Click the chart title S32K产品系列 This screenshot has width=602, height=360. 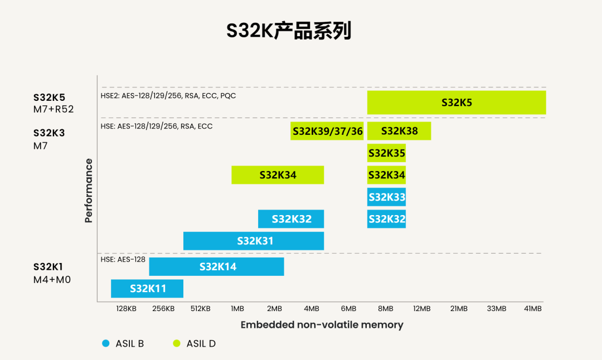[x=289, y=31]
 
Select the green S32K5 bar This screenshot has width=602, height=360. [x=456, y=103]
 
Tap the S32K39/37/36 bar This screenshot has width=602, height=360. [x=327, y=132]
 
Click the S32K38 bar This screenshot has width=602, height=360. [x=399, y=132]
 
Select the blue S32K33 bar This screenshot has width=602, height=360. [x=386, y=197]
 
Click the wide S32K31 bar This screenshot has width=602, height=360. [x=254, y=241]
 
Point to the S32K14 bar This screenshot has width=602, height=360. [x=217, y=266]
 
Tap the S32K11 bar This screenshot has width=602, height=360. [x=147, y=289]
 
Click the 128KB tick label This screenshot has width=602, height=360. [x=127, y=309]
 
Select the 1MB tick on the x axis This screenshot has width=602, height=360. [x=237, y=309]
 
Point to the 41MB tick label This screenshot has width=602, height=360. [x=533, y=309]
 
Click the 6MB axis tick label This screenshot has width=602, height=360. [x=348, y=309]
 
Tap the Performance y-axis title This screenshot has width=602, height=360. [x=89, y=191]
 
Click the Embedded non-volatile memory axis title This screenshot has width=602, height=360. [x=322, y=325]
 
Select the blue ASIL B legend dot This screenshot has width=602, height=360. [x=106, y=343]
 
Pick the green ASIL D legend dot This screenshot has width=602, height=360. [x=177, y=343]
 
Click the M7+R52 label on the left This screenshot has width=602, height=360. [x=54, y=109]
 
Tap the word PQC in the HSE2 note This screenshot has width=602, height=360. [x=227, y=96]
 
